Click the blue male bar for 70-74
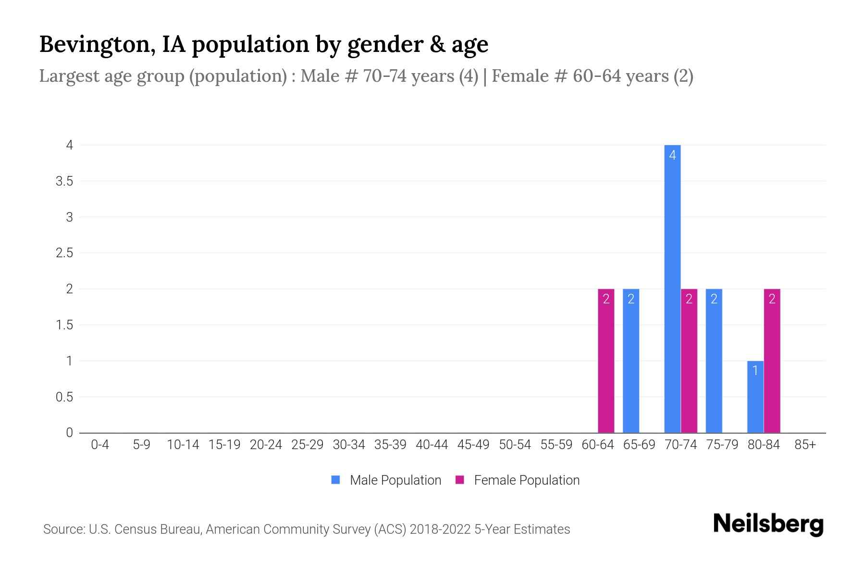[672, 288]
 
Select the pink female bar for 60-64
[606, 361]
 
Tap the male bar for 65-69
[631, 361]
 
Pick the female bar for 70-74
[689, 361]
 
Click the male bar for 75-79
[714, 361]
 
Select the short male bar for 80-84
[755, 397]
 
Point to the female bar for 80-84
[772, 361]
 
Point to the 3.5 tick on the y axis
[64, 181]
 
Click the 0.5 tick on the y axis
[64, 397]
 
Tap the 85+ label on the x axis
[805, 445]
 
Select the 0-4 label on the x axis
[100, 445]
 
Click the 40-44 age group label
[432, 445]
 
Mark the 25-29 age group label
[307, 445]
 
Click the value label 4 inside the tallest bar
[672, 155]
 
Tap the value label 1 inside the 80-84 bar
[755, 371]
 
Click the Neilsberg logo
[768, 524]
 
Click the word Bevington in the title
[94, 45]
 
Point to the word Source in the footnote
[63, 529]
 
